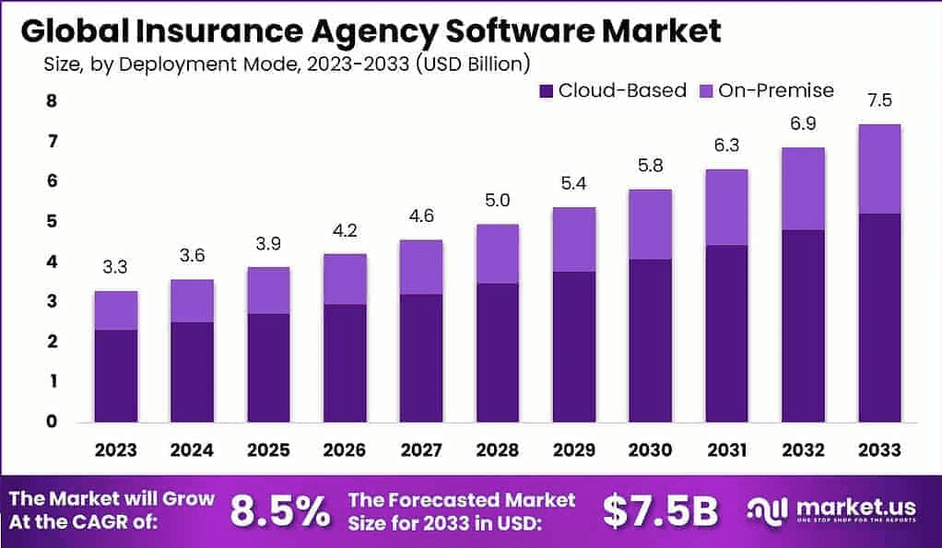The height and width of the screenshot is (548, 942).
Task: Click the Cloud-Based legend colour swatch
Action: pyautogui.click(x=546, y=90)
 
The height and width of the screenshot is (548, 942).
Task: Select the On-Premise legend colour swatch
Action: pyautogui.click(x=707, y=90)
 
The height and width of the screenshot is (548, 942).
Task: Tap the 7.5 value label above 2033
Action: pyautogui.click(x=878, y=100)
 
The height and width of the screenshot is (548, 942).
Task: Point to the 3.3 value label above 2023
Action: pyautogui.click(x=115, y=268)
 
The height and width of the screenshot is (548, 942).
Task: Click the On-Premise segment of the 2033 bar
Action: pyautogui.click(x=878, y=169)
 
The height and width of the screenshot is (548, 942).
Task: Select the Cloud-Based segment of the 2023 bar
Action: pyautogui.click(x=115, y=375)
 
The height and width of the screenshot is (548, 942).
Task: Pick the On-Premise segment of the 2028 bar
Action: pyautogui.click(x=498, y=253)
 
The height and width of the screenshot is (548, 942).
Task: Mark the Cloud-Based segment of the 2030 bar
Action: pyautogui.click(x=651, y=340)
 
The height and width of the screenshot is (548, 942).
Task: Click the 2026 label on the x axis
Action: pyautogui.click(x=345, y=449)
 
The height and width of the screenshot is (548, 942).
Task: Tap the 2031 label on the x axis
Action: pyautogui.click(x=727, y=449)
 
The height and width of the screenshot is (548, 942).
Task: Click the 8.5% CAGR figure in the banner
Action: pyautogui.click(x=278, y=511)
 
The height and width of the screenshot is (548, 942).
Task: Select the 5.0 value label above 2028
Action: pyautogui.click(x=498, y=201)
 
